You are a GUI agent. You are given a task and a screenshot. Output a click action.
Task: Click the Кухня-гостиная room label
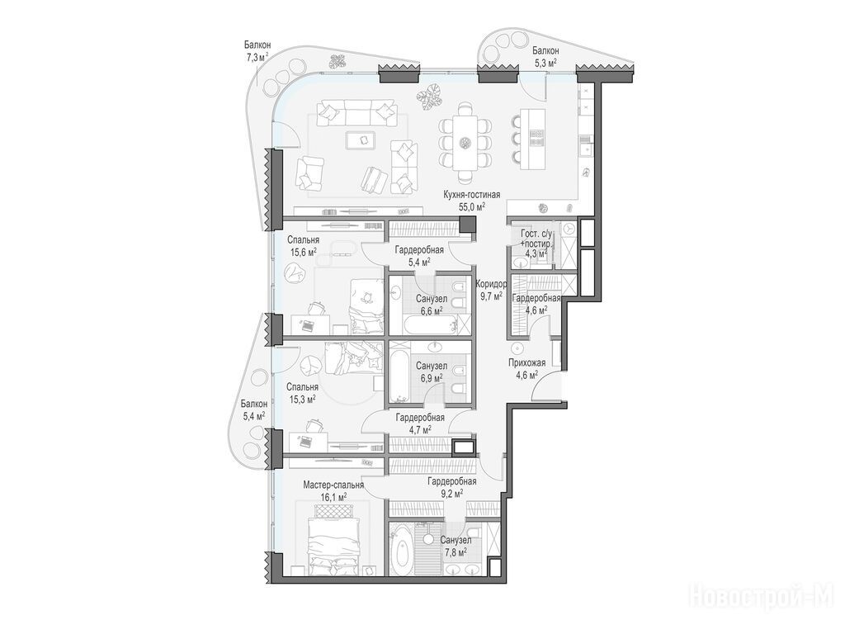471,195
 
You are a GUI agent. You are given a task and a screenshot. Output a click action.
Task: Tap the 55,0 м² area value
472,206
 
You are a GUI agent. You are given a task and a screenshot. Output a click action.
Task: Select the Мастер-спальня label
333,485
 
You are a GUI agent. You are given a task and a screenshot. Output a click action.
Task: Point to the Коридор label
491,284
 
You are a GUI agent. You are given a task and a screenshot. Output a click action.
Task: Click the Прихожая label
527,363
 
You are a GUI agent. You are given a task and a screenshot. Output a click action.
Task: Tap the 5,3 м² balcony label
545,63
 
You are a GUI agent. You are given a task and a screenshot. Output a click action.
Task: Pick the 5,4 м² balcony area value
254,416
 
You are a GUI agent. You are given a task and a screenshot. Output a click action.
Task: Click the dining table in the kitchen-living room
465,142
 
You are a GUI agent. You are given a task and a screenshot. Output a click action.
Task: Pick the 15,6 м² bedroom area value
304,252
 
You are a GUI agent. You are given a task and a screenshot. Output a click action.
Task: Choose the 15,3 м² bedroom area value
302,399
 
